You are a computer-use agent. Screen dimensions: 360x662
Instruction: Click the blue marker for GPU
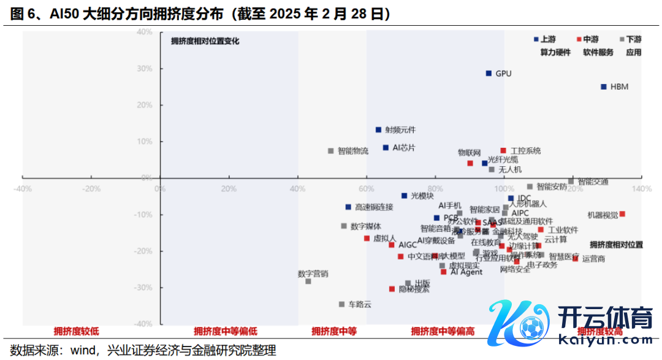coord(489,73)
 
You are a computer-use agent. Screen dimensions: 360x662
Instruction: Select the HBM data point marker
coord(604,87)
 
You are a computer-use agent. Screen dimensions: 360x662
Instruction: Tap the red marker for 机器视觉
coord(622,214)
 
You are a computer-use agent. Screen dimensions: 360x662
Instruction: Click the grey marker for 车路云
coord(341,304)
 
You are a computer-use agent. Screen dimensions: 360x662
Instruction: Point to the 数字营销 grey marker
coord(308,281)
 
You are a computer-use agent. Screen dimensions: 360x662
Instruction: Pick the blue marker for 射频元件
coord(378,129)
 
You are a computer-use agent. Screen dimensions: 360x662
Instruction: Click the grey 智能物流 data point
coord(331,151)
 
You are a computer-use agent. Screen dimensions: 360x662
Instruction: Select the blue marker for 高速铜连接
coord(348,207)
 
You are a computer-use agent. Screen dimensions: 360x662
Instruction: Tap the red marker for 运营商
coord(575,259)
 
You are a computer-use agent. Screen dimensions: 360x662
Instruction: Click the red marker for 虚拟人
coord(367,238)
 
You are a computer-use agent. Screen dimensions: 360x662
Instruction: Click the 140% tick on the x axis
coord(641,189)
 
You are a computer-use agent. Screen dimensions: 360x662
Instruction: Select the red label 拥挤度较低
coord(76,331)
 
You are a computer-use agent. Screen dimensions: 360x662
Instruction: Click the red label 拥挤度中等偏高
coord(443,331)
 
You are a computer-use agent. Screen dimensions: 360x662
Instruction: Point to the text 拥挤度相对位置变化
coord(205,42)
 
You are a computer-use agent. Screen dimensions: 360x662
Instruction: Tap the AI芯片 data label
coord(404,148)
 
